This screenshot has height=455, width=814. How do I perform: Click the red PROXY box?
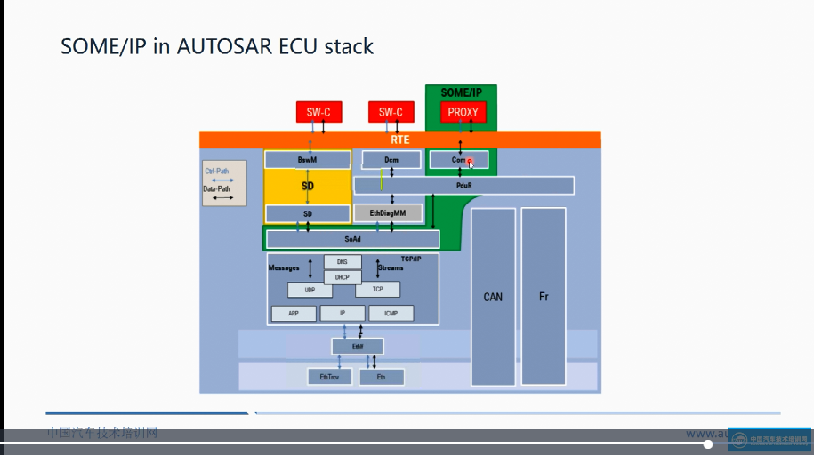click(x=463, y=112)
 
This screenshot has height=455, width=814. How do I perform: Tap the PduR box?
click(x=463, y=186)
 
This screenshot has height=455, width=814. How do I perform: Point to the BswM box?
click(x=308, y=160)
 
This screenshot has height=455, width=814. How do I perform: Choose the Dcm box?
click(x=391, y=160)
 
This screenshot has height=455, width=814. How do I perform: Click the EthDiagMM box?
click(x=387, y=213)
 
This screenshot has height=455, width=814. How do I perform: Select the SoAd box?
click(x=352, y=239)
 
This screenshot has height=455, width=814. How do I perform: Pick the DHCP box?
click(x=343, y=277)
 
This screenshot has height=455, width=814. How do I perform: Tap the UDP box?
click(x=310, y=290)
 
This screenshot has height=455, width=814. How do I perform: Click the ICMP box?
click(x=391, y=313)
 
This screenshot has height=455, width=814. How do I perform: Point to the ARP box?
click(x=293, y=313)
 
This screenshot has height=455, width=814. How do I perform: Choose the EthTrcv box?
click(x=329, y=377)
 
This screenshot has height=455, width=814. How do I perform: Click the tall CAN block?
click(x=493, y=296)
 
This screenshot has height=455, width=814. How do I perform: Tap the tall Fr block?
click(x=544, y=296)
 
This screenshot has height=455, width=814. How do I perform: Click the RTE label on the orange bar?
click(x=400, y=140)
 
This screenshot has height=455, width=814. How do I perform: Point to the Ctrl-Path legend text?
click(x=217, y=171)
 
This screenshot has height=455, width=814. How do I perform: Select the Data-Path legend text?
click(x=217, y=189)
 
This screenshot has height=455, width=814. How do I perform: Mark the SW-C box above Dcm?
click(x=391, y=112)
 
